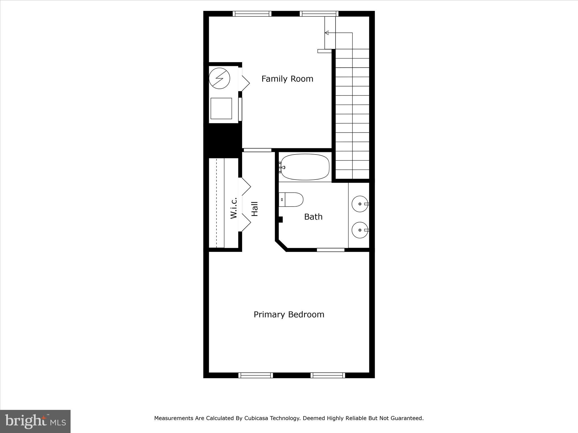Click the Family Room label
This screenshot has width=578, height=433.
[x=287, y=79]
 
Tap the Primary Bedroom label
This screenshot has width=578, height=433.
[x=289, y=314]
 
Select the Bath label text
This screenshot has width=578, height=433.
[x=313, y=216]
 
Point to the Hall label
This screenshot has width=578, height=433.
[x=255, y=209]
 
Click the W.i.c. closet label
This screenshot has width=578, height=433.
[x=233, y=208]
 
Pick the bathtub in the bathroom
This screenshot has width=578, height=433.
[x=305, y=167]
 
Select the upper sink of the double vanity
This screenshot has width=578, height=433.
[x=360, y=203]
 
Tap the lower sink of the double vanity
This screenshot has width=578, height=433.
[x=360, y=230]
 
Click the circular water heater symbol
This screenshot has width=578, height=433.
[x=219, y=78]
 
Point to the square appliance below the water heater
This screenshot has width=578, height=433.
[x=221, y=109]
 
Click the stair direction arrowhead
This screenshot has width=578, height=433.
[x=327, y=33]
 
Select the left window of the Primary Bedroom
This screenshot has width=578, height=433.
[x=256, y=375]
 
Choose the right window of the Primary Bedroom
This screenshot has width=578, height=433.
[x=328, y=375]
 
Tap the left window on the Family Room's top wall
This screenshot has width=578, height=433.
[x=252, y=14]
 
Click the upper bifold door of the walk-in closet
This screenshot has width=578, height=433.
[x=245, y=186]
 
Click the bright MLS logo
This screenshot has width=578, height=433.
[x=35, y=421]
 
